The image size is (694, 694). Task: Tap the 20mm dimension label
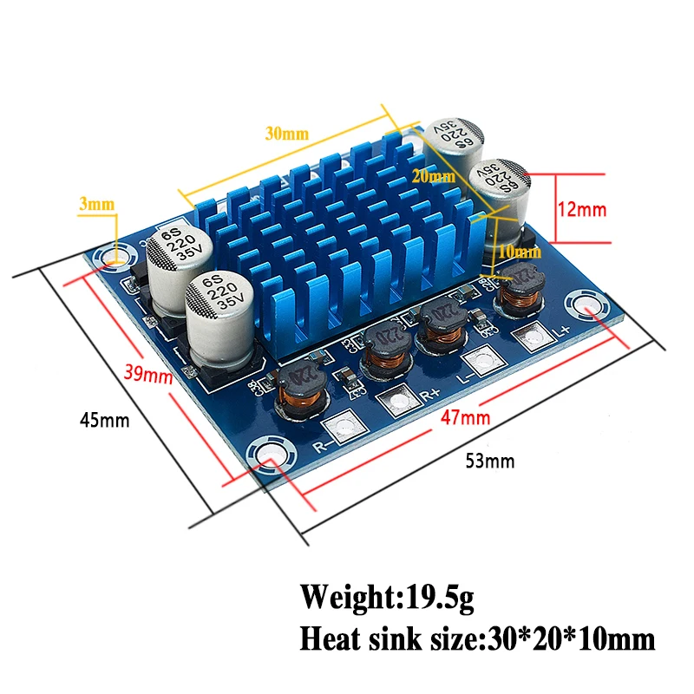[x=434, y=176]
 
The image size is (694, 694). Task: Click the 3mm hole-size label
[x=97, y=205]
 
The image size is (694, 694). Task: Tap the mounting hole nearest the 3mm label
[x=112, y=258]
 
